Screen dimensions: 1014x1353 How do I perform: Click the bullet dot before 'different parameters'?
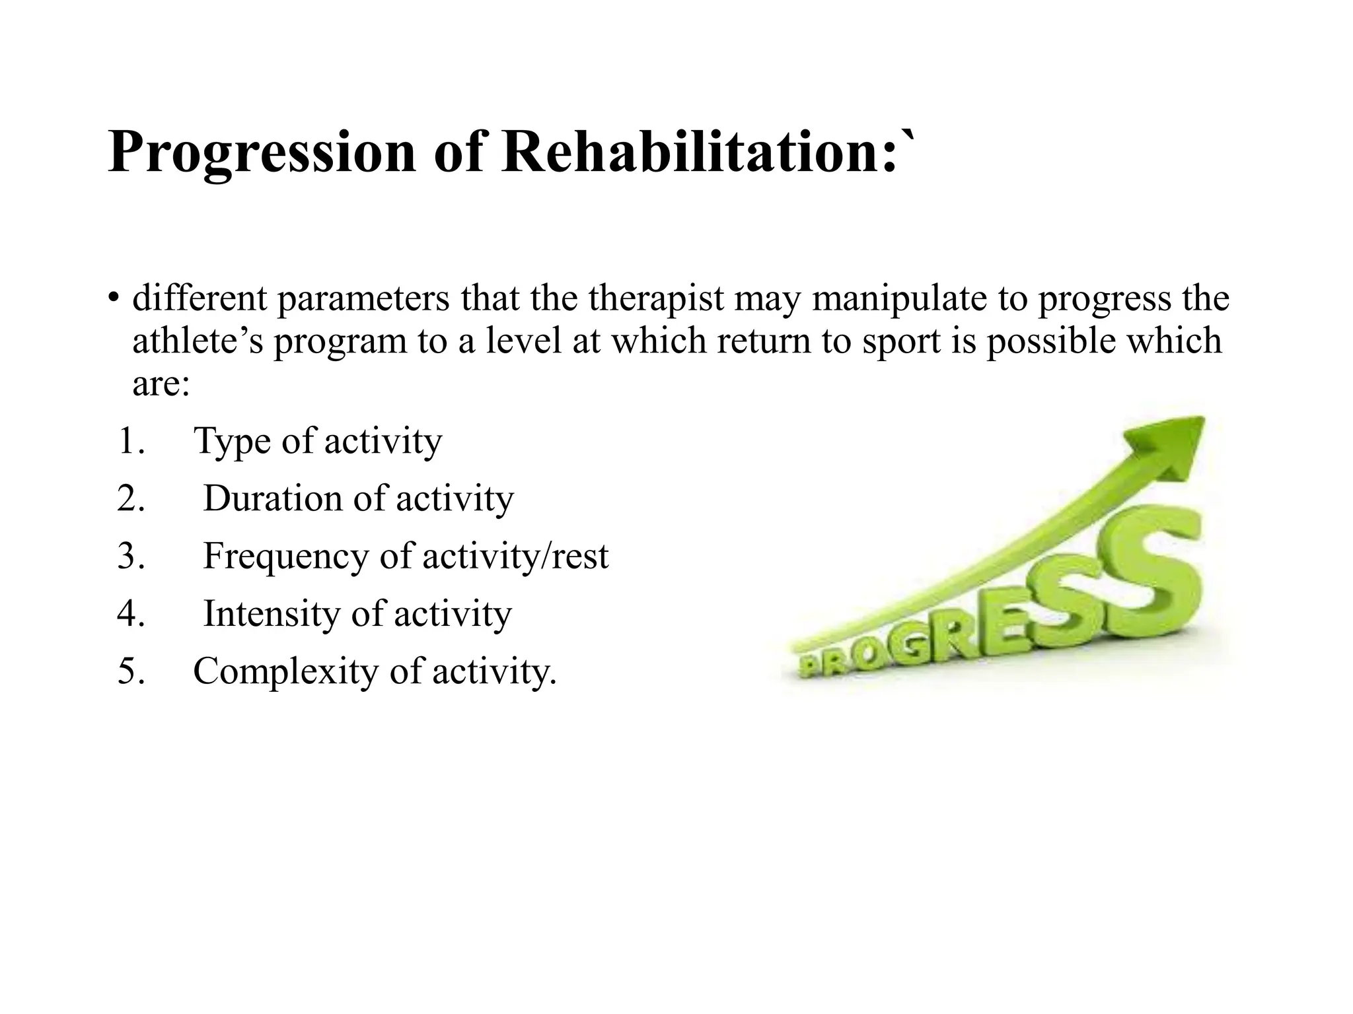click(114, 298)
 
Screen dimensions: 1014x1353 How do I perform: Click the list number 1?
click(129, 441)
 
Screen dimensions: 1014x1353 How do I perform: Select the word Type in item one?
click(233, 441)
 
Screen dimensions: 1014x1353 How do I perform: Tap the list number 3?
click(129, 556)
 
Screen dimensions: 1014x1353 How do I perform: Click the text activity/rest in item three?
click(515, 556)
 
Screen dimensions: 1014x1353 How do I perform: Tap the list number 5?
click(129, 671)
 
